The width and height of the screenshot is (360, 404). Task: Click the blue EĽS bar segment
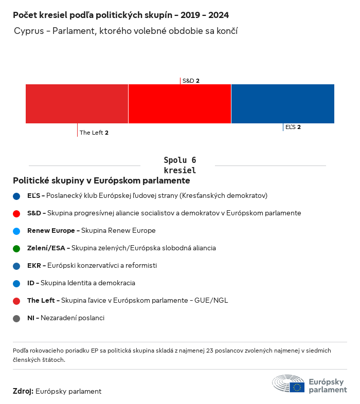[283, 104]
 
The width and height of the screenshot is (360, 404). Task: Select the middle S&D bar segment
[179, 104]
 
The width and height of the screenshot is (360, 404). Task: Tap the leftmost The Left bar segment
[77, 104]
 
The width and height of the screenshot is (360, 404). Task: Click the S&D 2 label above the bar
[191, 81]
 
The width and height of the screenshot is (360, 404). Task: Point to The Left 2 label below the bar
[94, 133]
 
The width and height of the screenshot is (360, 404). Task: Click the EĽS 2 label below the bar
[293, 127]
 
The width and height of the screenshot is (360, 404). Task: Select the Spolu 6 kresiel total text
[179, 165]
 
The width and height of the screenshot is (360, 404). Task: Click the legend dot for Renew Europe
[17, 231]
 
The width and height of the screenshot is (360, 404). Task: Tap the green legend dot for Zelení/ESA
[17, 248]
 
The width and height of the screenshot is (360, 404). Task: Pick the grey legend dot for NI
[17, 318]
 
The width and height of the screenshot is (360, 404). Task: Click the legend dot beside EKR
[17, 266]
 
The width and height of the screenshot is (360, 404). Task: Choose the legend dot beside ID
[17, 283]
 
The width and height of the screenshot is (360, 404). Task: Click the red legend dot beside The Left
[17, 301]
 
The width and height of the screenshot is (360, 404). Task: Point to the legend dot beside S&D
[17, 213]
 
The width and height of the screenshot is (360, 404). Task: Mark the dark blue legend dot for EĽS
[17, 196]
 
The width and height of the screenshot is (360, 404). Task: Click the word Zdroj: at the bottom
[23, 391]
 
